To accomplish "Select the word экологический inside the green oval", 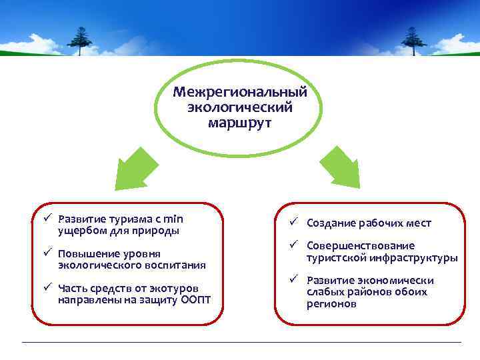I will (239, 107).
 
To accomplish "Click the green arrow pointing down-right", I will (341, 169).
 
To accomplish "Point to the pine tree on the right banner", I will (413, 41).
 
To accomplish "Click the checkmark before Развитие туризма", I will (49, 218).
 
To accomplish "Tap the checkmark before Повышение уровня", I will (49, 253).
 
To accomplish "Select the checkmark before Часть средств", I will (49, 287).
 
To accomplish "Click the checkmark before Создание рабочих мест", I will (293, 223).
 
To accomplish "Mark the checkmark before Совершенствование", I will (293, 245).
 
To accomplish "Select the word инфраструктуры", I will (417, 258).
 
